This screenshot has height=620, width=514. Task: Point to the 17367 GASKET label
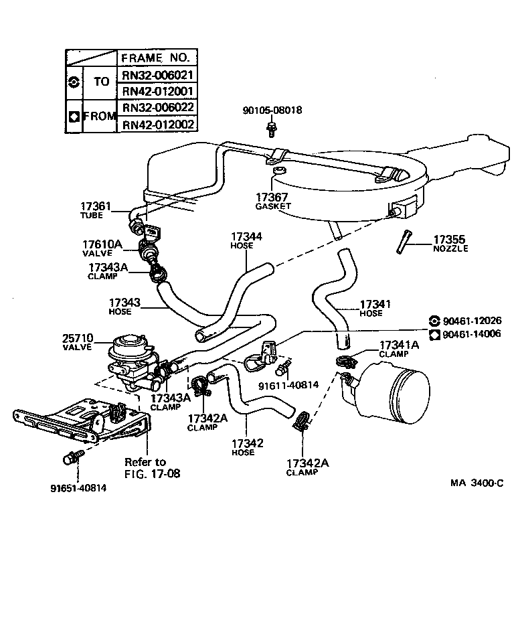(273, 201)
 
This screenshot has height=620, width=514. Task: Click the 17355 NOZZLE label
(450, 243)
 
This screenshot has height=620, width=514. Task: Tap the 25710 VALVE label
(78, 342)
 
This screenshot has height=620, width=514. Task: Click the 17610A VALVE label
(102, 249)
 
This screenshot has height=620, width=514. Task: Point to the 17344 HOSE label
(246, 240)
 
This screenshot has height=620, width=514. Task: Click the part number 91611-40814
(288, 385)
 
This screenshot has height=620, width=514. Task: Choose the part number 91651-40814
(78, 487)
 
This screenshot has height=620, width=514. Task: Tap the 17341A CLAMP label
(399, 349)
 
